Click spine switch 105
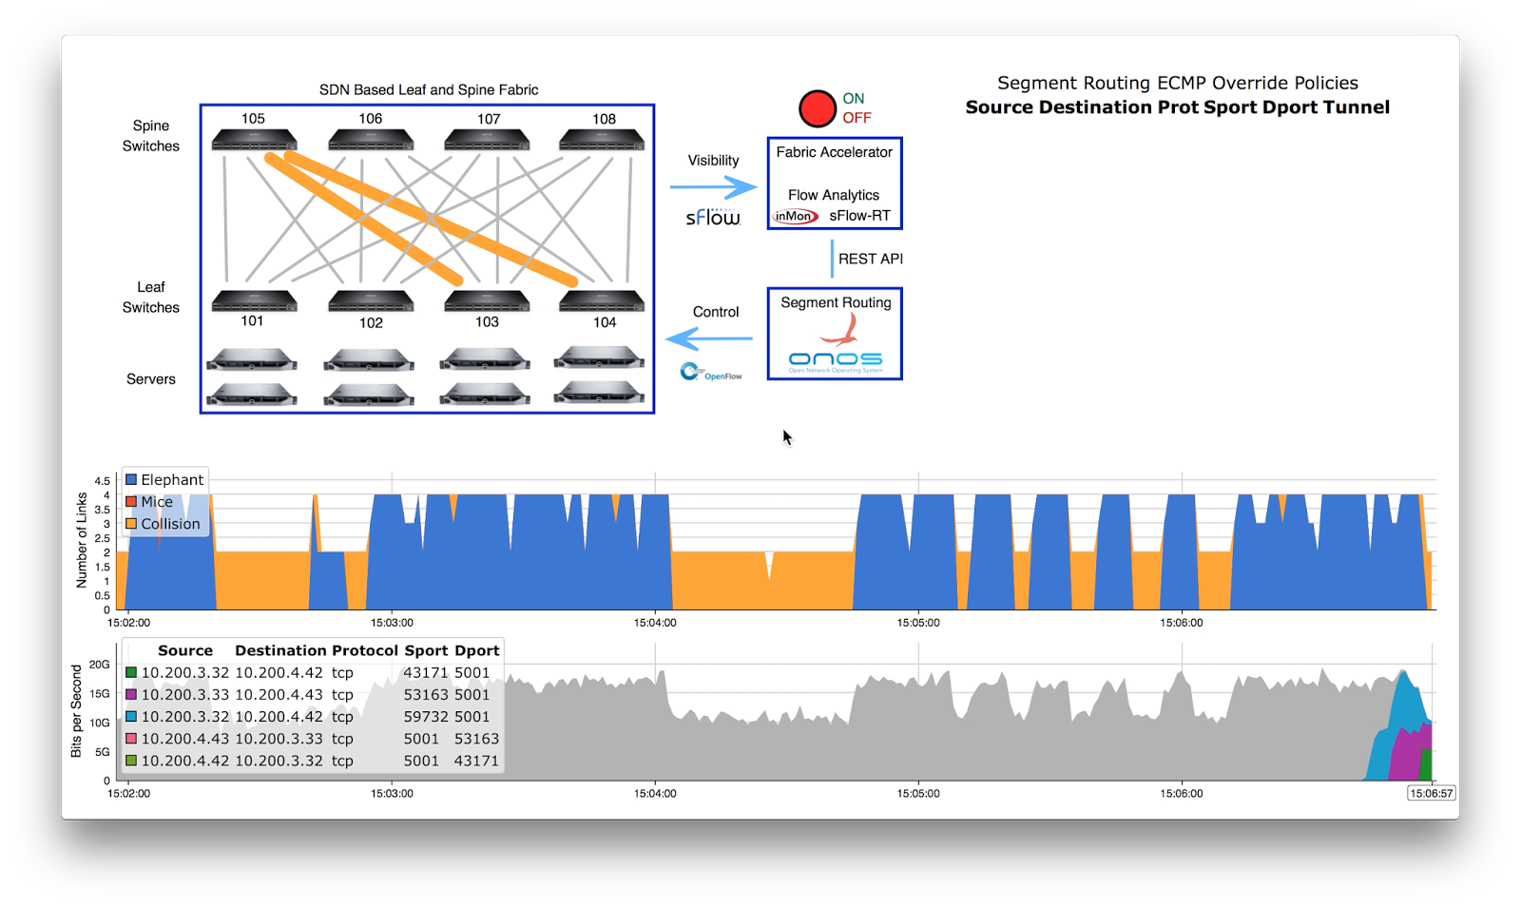click(254, 140)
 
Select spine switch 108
click(602, 140)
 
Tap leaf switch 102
click(371, 301)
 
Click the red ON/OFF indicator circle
click(817, 108)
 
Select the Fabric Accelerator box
click(834, 183)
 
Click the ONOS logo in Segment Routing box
click(835, 359)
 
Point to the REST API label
click(870, 259)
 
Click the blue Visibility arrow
click(713, 187)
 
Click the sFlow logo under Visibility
click(713, 218)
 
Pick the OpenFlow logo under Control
click(711, 373)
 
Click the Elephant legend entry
click(164, 480)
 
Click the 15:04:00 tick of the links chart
click(655, 623)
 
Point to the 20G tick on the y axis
click(100, 665)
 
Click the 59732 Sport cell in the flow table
click(425, 717)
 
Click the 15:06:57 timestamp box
click(1431, 793)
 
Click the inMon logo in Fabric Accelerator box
click(795, 217)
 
